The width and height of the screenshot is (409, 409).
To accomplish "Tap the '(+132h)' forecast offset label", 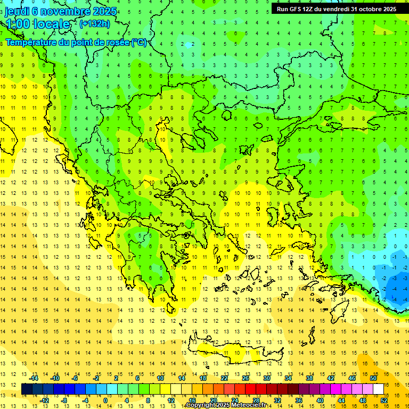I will [94, 23].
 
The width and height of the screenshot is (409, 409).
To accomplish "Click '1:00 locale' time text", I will [38, 24].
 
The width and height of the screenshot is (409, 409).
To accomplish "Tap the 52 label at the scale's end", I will [384, 400].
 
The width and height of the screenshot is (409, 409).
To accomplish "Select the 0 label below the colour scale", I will [105, 400].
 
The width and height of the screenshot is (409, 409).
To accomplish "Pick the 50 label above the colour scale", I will [373, 378].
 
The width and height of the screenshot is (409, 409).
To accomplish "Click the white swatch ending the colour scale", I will [379, 389].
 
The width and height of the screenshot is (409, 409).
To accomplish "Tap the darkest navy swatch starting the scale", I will [27, 389].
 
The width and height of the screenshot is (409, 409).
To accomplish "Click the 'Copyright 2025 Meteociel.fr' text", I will [226, 405].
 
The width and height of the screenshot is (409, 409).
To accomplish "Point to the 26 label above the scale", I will [246, 378].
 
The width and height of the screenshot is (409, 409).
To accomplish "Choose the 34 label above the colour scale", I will [288, 378].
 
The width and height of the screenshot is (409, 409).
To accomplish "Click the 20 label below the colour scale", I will [213, 400].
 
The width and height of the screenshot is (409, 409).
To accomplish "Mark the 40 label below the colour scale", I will [320, 400].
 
